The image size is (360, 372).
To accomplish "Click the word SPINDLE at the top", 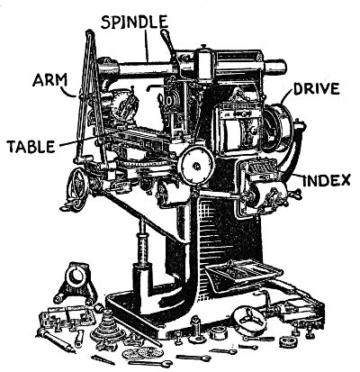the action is [134, 22].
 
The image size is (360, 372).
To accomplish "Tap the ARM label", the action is [50, 80].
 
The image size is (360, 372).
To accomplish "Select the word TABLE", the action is [31, 146].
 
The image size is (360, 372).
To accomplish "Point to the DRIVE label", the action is [317, 89].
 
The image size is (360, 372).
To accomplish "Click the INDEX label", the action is [327, 180].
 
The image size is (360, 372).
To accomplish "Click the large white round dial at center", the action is [196, 165].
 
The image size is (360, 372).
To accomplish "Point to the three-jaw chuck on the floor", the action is [248, 320].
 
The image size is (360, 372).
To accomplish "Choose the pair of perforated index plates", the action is [143, 352].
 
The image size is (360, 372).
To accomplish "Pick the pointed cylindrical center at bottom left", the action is [55, 340].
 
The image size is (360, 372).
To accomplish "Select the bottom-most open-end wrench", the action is [150, 364].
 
